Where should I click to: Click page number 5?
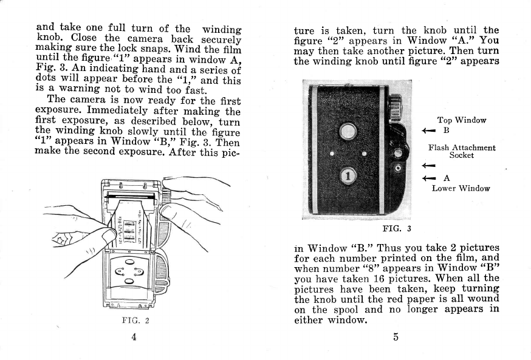pyautogui.click(x=396, y=338)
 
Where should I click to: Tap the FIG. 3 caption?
pyautogui.click(x=397, y=228)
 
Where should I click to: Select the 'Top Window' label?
pyautogui.click(x=462, y=120)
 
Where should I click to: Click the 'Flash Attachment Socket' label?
pyautogui.click(x=462, y=151)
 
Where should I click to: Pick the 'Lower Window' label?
pyautogui.click(x=461, y=188)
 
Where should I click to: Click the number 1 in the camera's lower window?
pyautogui.click(x=348, y=177)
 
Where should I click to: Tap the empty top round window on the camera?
pyautogui.click(x=348, y=130)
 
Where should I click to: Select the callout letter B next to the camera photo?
pyautogui.click(x=445, y=130)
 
